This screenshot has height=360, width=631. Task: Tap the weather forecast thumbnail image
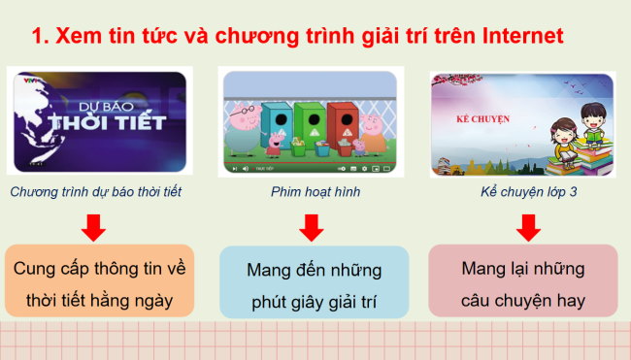pyautogui.click(x=96, y=121)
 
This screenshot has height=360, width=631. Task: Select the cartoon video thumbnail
pyautogui.click(x=309, y=121)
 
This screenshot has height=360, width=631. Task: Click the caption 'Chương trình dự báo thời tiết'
pyautogui.click(x=95, y=192)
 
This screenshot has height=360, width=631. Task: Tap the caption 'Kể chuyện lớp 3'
pyautogui.click(x=528, y=192)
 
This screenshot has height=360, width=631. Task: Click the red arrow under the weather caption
pyautogui.click(x=94, y=228)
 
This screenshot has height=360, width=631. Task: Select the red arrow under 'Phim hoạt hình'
pyautogui.click(x=311, y=228)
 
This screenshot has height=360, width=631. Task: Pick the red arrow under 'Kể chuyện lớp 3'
pyautogui.click(x=528, y=228)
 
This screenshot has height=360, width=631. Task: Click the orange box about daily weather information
pyautogui.click(x=94, y=281)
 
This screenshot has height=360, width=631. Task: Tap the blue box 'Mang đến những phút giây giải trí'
pyautogui.click(x=314, y=282)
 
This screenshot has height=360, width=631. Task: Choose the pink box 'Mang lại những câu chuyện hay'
pyautogui.click(x=522, y=281)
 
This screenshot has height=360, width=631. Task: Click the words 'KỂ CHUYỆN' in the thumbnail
pyautogui.click(x=483, y=120)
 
